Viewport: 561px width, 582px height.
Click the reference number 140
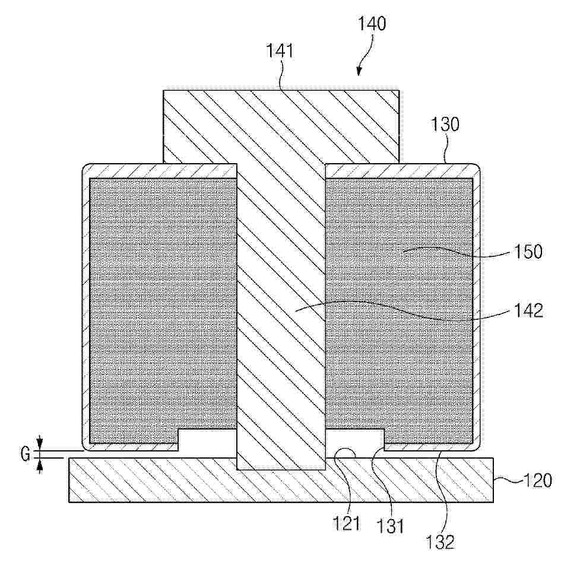(372, 23)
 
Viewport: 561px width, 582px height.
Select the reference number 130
(445, 124)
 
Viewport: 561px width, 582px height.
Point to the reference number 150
(528, 252)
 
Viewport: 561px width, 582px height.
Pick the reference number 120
(538, 481)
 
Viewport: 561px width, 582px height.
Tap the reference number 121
(346, 523)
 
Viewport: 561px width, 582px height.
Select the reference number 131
(389, 526)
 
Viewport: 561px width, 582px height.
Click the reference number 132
(440, 542)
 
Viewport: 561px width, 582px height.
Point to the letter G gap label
(26, 454)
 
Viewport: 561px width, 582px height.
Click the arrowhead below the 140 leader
(359, 72)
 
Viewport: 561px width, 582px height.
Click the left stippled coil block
(163, 311)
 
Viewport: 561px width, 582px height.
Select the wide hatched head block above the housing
(281, 126)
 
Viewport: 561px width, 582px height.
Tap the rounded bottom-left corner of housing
(88, 445)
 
